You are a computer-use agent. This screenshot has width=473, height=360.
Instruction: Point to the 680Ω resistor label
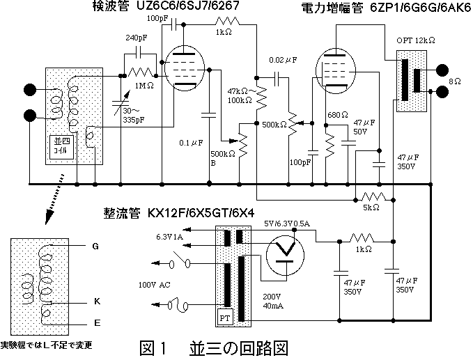[338, 114]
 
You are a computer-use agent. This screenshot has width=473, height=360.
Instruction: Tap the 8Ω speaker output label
[455, 81]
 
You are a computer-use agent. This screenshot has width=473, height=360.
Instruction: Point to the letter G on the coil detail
[95, 246]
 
